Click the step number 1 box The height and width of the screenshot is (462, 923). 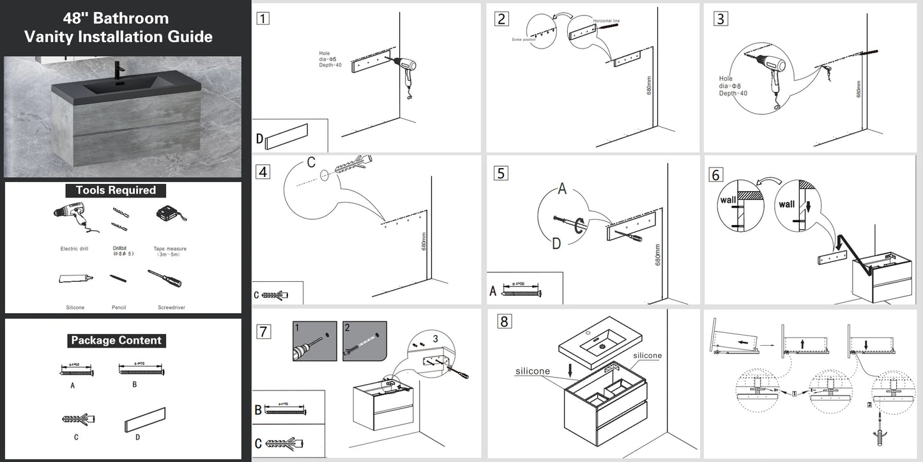pos(262,18)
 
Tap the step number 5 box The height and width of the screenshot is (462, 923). pos(501,173)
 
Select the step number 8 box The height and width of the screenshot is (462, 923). pos(504,321)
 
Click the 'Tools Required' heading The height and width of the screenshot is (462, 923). pos(116,190)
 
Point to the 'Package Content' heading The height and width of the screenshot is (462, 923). pos(116,341)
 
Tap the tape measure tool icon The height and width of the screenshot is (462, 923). pos(169,214)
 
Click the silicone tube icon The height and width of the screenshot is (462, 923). pos(75,279)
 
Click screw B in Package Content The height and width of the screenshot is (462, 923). pos(141,371)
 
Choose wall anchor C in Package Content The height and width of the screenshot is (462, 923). pos(78,419)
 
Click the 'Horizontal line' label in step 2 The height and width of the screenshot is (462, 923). pos(606,21)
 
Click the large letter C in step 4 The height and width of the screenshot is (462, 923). pos(311,162)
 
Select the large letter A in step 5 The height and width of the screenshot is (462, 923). pos(562,189)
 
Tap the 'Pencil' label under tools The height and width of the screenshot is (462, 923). pos(118,307)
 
